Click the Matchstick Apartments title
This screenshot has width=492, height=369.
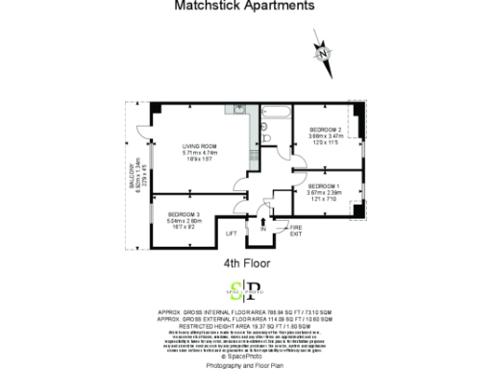coord(244,6)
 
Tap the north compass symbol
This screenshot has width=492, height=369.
coord(325,51)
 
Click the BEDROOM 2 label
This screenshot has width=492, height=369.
coord(325,130)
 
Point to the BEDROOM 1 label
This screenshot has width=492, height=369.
coord(323,185)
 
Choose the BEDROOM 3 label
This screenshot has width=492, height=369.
coord(183,212)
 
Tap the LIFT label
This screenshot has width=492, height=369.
coord(231,234)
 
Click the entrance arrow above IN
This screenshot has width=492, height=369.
coord(261,220)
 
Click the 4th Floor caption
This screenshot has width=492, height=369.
coord(245,260)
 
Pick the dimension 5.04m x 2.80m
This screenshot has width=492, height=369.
coord(183,219)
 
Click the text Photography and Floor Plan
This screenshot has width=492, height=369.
coord(245,363)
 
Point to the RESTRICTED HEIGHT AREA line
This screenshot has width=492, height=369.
coord(245,326)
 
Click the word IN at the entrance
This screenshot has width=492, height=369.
coord(261,230)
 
